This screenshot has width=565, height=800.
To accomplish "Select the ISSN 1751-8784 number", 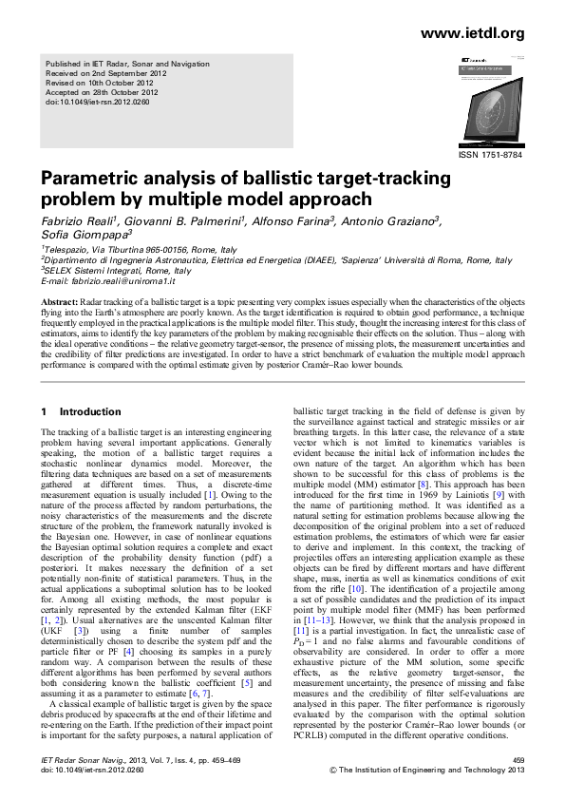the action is coord(490,153).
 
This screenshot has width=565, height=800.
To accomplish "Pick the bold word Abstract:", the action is coord(58,301).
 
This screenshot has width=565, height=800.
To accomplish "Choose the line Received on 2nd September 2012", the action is coord(105,73).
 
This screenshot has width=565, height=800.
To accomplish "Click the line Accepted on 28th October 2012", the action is coord(104,91).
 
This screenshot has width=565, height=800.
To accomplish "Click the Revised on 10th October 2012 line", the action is coord(102,82).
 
